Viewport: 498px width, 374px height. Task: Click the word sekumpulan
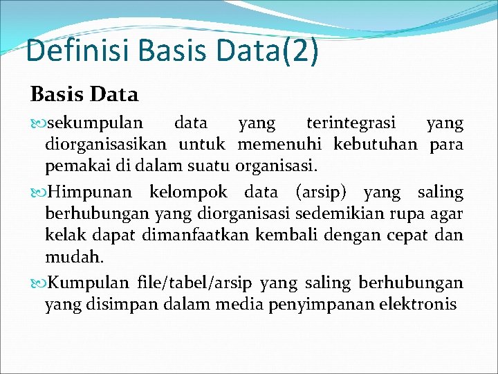pos(94,123)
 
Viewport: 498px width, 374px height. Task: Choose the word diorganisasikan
pos(105,145)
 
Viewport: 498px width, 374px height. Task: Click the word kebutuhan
pos(376,145)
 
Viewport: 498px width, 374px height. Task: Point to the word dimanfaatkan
pos(196,235)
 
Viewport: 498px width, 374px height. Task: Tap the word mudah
pos(73,257)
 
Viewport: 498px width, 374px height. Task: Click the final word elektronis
pos(418,303)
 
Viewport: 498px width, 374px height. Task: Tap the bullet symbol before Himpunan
pos(39,193)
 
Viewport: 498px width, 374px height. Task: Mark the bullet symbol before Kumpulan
pos(39,283)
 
